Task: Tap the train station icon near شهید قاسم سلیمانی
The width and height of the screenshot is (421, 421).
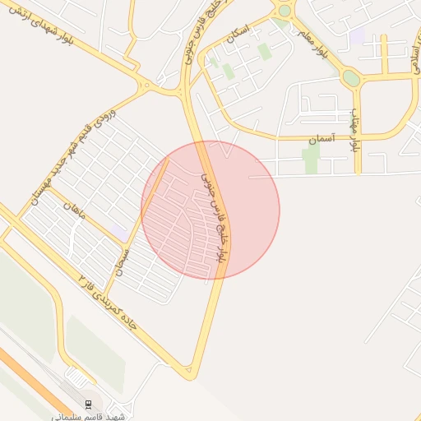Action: pos(88,403)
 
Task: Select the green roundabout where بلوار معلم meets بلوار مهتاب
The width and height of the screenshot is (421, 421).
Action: pos(351,78)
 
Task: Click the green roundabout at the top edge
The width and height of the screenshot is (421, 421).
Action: pos(285,10)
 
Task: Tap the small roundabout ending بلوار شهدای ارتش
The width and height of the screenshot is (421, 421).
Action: pos(146,85)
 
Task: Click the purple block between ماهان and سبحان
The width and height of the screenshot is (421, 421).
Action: pos(121,234)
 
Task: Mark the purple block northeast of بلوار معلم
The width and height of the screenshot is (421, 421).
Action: pos(357,37)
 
